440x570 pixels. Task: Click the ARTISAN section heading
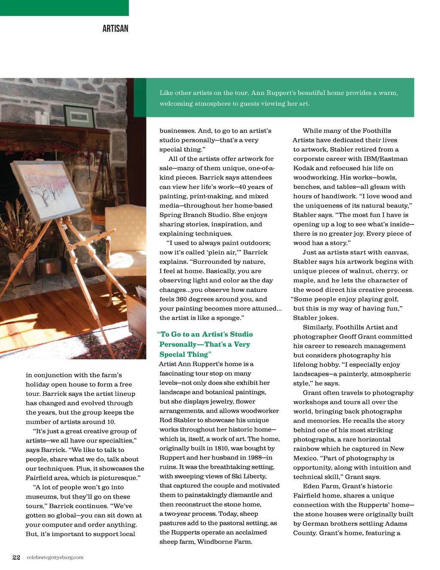[115, 29]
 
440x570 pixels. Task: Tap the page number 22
[16, 558]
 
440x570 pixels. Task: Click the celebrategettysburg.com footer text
[55, 558]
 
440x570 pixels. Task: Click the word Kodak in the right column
[302, 168]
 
